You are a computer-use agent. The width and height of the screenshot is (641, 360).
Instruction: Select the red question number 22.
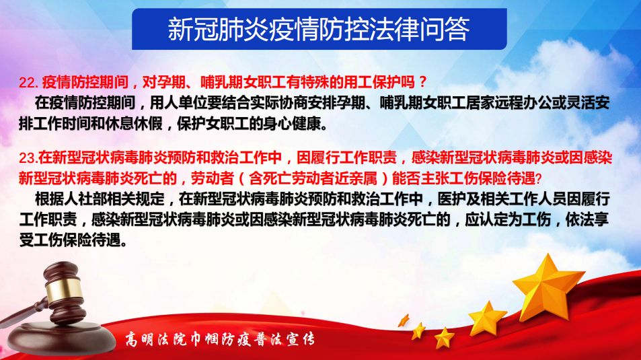(x=29, y=83)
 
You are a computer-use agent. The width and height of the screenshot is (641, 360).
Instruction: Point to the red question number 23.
(x=28, y=158)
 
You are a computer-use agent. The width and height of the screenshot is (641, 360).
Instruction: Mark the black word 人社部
(x=71, y=199)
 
